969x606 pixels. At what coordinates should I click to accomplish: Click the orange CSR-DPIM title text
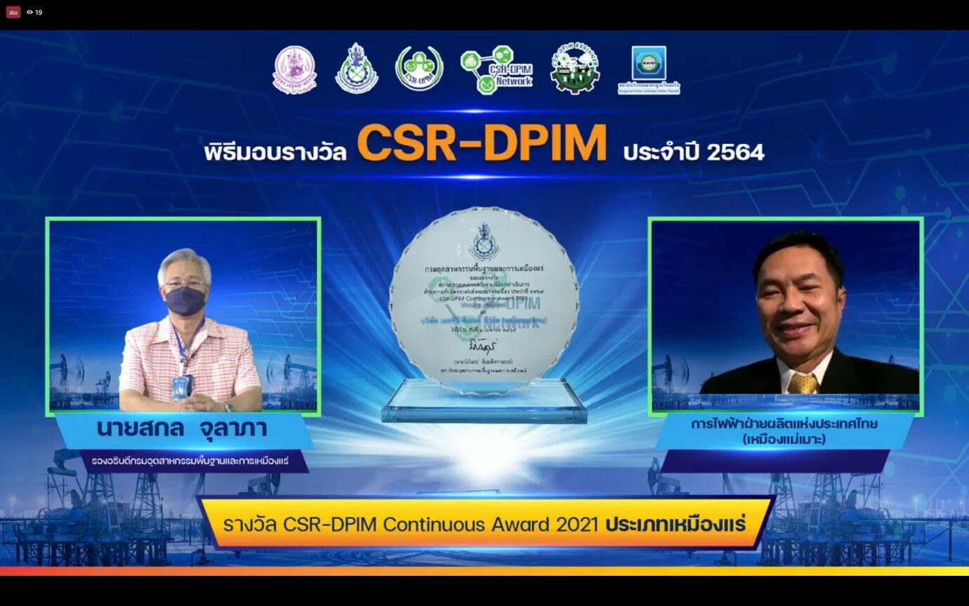point(482,144)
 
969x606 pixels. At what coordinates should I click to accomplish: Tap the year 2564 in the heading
point(735,152)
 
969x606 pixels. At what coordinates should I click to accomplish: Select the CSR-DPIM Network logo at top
point(496,70)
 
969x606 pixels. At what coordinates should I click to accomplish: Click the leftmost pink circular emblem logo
point(295,70)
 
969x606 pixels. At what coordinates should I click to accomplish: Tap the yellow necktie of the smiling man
point(803,383)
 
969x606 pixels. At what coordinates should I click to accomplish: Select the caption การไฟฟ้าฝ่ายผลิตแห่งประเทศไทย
point(784,425)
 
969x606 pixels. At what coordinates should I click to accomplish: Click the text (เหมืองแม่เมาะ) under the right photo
point(784,441)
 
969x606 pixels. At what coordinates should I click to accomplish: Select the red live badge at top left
point(13,12)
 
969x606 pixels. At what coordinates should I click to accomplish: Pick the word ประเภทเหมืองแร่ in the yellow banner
point(675,525)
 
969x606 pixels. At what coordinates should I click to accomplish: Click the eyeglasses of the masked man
point(185,283)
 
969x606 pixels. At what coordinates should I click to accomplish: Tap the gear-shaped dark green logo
point(574,68)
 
